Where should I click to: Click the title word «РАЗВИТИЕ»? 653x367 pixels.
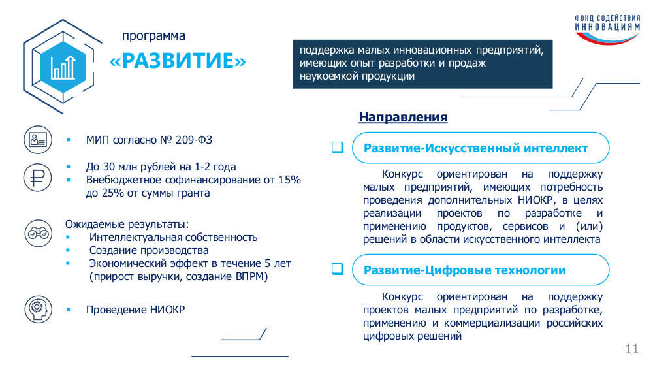[178, 61]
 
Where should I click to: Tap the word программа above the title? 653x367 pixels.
[153, 36]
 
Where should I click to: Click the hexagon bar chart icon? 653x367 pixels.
[63, 67]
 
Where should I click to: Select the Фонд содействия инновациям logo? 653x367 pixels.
[607, 29]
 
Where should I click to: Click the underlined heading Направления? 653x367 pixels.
[403, 117]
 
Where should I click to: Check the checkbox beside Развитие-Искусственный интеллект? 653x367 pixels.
[338, 148]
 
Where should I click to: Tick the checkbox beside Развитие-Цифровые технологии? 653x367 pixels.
[338, 269]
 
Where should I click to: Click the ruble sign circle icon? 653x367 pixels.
[37, 178]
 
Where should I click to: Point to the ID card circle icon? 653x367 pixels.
[37, 140]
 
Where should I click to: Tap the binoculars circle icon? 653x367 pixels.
[38, 233]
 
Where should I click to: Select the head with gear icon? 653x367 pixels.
[38, 310]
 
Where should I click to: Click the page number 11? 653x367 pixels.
[631, 349]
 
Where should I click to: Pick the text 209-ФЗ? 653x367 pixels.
[194, 140]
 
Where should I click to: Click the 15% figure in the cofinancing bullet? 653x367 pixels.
[289, 180]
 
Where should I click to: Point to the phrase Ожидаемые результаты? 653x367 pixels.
[127, 224]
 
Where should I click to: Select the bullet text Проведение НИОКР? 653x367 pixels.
[135, 310]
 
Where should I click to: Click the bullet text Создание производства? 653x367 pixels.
[149, 250]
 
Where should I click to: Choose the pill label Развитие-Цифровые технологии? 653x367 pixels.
[465, 270]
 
